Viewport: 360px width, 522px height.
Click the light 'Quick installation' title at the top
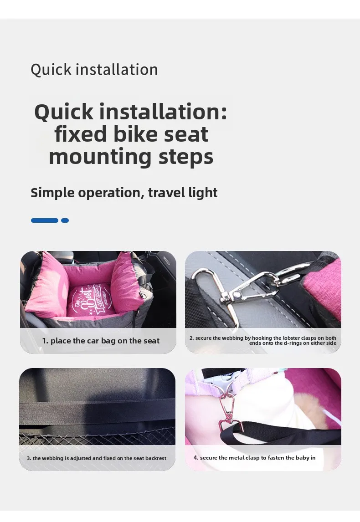tap(94, 70)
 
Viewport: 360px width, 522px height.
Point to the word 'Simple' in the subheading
tap(51, 193)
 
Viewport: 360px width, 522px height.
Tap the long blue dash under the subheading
tap(45, 220)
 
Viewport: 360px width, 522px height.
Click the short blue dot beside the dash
tap(65, 220)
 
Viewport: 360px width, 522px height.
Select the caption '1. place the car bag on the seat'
tap(101, 341)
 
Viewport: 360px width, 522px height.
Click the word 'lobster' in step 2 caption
tap(292, 338)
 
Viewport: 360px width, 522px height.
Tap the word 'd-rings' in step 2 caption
tap(293, 343)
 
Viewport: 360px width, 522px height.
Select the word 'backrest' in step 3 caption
tap(156, 458)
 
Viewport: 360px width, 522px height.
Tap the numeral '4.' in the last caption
tap(196, 458)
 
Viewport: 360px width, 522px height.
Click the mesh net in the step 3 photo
tap(97, 436)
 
